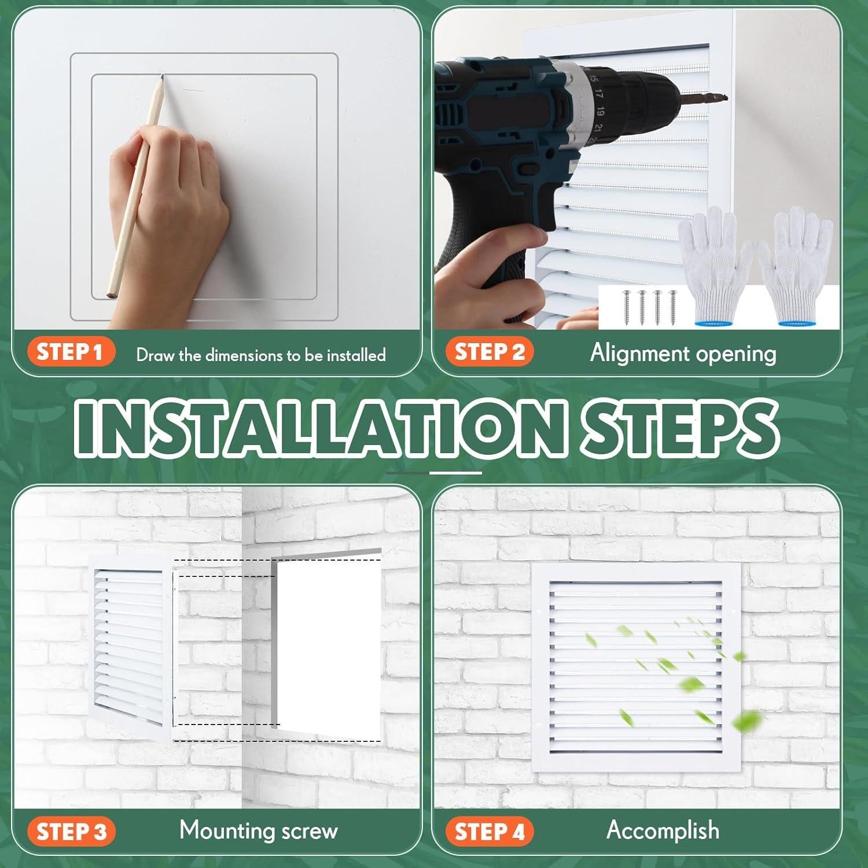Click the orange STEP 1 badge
71,352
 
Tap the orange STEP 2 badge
490,352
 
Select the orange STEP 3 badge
71,832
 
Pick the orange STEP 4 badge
490,832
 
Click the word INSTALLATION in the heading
318,427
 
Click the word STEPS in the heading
680,427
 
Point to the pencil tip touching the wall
163,77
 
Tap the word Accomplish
663,830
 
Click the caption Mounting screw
258,830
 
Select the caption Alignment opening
683,353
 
